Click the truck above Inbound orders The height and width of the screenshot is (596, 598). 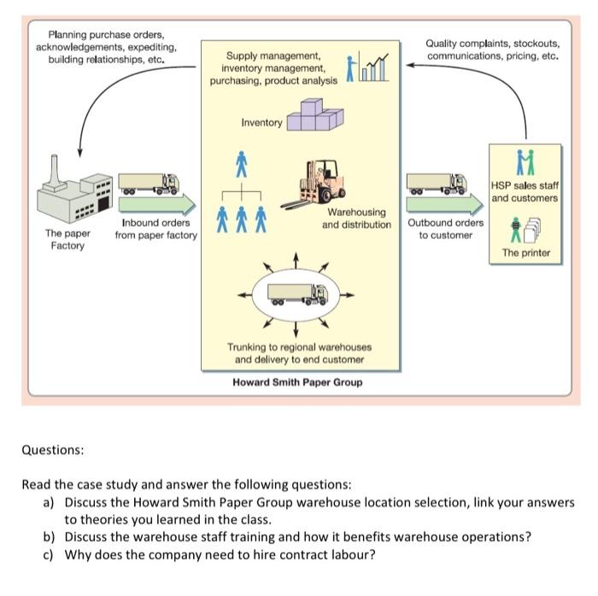(x=149, y=182)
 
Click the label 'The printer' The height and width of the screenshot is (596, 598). (x=526, y=253)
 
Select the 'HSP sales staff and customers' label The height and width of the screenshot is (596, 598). (x=525, y=191)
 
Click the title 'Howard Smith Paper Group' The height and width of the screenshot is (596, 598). (x=297, y=382)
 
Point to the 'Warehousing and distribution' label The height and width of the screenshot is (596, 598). (x=356, y=218)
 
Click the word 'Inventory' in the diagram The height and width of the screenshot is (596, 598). (x=261, y=123)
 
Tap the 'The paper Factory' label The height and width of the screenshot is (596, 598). (x=67, y=239)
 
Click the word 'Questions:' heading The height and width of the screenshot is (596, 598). (x=53, y=448)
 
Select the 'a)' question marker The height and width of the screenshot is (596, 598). (x=49, y=502)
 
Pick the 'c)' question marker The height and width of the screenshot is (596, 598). (x=49, y=553)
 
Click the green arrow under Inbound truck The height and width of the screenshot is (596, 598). (x=154, y=205)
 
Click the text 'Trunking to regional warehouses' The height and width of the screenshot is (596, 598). (x=299, y=347)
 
